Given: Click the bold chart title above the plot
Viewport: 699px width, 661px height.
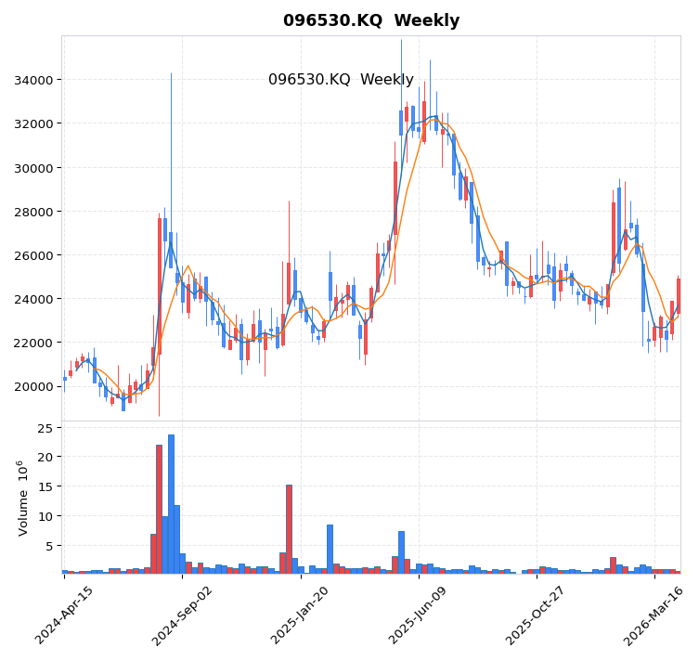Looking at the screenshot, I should point(371,20).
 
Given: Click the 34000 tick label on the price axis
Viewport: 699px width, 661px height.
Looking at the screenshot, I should point(32,80).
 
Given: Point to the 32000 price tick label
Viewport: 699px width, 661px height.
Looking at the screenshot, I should point(32,123).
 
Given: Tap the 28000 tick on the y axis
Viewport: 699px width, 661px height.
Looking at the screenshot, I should point(32,212).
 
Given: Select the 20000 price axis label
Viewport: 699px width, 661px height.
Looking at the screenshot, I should point(32,386).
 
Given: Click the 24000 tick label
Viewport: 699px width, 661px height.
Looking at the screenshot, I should point(32,299).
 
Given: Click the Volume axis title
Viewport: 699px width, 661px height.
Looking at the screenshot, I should point(23,498).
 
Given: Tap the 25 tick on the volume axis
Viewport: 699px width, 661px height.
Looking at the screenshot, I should point(44,428).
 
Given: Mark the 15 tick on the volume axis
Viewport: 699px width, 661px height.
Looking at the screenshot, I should point(44,486).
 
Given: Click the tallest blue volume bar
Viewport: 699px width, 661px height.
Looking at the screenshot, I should point(171,504).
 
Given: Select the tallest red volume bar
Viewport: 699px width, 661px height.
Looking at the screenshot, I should point(159,509).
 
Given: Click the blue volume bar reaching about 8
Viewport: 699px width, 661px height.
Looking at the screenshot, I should point(330,549).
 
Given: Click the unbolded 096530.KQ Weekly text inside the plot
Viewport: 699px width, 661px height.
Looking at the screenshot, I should point(341,80).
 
